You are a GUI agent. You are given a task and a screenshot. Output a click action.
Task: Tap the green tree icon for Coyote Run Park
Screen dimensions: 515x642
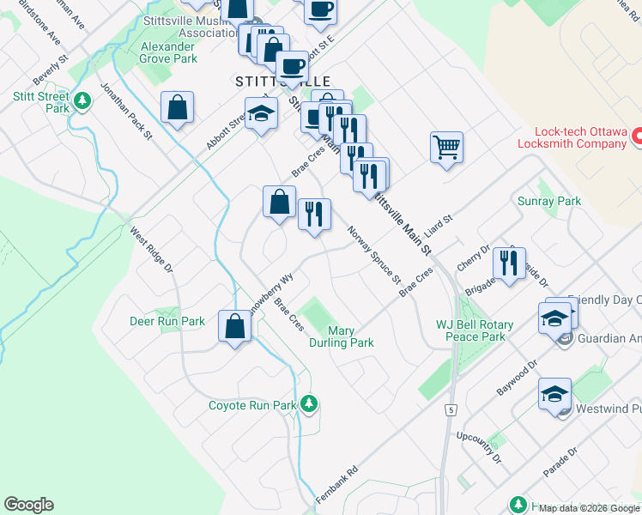(x=310, y=403)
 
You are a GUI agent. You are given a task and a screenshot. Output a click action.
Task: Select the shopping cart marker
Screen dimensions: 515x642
(x=446, y=148)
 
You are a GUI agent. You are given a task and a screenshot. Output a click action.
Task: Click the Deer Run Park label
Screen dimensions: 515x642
(x=167, y=321)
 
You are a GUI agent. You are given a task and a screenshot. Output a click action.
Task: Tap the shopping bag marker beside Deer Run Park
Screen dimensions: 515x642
(x=234, y=326)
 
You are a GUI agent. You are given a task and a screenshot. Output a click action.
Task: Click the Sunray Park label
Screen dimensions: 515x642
(x=549, y=201)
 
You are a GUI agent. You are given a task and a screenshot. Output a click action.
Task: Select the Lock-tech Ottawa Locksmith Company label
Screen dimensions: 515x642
(x=579, y=137)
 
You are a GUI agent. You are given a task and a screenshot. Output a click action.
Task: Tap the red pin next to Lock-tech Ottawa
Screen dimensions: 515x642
(x=638, y=136)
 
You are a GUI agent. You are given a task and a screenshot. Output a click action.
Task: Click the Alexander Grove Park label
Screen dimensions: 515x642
(x=168, y=52)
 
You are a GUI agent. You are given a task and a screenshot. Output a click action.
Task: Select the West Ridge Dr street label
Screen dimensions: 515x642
(x=152, y=250)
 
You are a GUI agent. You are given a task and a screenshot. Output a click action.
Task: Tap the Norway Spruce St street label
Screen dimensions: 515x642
(x=373, y=255)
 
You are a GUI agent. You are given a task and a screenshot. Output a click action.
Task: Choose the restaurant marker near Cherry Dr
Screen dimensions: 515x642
(x=512, y=262)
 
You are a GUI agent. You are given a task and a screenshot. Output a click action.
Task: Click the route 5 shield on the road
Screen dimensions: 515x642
(x=451, y=410)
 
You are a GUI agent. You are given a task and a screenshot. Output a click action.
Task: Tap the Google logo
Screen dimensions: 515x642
(x=28, y=505)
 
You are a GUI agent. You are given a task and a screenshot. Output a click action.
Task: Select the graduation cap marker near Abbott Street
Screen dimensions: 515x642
(x=261, y=113)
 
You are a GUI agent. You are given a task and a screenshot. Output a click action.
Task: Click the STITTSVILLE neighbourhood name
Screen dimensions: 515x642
(x=266, y=81)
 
